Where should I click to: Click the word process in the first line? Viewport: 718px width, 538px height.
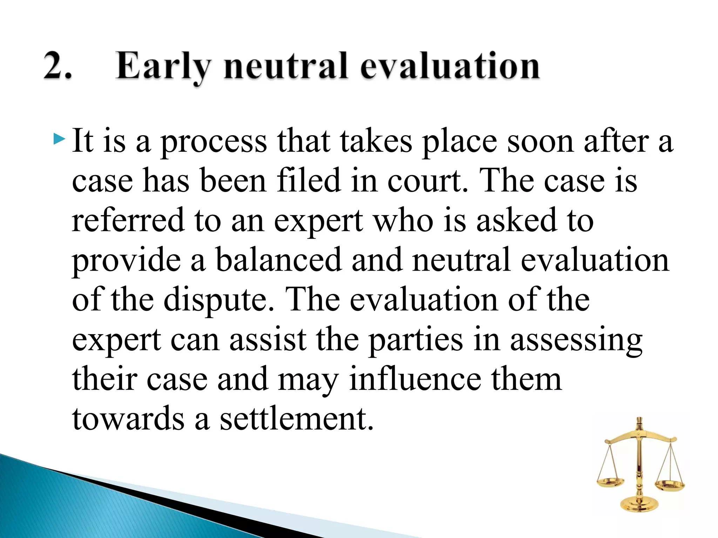[x=214, y=142]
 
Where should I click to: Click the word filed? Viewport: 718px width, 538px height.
[x=309, y=180]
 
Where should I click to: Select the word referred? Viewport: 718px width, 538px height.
[x=128, y=220]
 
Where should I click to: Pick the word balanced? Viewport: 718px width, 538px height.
[x=278, y=260]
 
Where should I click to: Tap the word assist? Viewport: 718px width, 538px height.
[x=268, y=339]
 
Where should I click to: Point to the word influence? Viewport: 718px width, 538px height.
[x=415, y=379]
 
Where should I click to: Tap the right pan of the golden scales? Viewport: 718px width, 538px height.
[x=670, y=485]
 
